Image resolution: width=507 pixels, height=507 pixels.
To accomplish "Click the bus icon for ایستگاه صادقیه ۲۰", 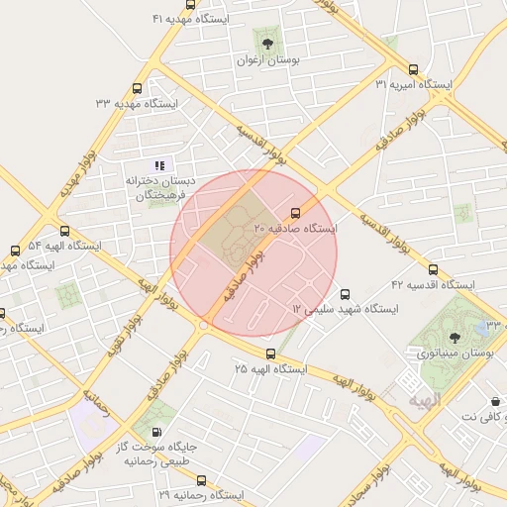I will pyautogui.click(x=295, y=213).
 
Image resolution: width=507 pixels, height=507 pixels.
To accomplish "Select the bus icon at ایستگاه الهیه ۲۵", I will pyautogui.click(x=270, y=354).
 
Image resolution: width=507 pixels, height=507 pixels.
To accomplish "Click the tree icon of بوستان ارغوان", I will pyautogui.click(x=266, y=42).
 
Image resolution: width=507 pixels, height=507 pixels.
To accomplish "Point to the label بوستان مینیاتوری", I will pyautogui.click(x=454, y=353).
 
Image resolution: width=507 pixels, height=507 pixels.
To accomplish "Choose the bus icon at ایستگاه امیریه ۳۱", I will pyautogui.click(x=413, y=69).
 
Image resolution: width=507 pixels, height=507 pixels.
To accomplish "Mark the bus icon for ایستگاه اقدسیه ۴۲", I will pyautogui.click(x=432, y=269).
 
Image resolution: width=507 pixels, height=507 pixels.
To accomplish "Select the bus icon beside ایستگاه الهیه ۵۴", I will pyautogui.click(x=15, y=251).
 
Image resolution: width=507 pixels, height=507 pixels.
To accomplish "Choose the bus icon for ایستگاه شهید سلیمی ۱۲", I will pyautogui.click(x=345, y=294).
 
